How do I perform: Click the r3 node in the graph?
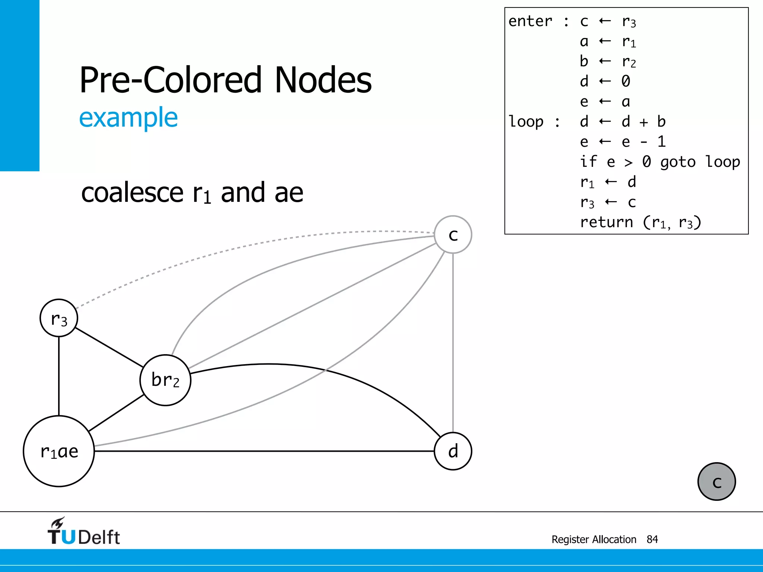(59, 318)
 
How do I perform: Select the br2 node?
(165, 380)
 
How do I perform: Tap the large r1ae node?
(59, 451)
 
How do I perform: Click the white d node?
(453, 451)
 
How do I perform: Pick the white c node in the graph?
(453, 235)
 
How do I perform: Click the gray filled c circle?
(716, 482)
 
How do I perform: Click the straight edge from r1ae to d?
(261, 451)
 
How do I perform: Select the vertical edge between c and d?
(453, 343)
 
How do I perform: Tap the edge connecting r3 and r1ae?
(59, 376)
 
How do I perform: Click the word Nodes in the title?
(323, 80)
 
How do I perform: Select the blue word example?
(129, 118)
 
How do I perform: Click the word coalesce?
(132, 193)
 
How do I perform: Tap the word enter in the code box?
(530, 21)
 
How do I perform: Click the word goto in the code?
(678, 162)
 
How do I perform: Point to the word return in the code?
(606, 222)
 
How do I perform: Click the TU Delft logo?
(83, 532)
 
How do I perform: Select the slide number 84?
(652, 539)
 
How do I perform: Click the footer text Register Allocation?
(593, 539)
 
